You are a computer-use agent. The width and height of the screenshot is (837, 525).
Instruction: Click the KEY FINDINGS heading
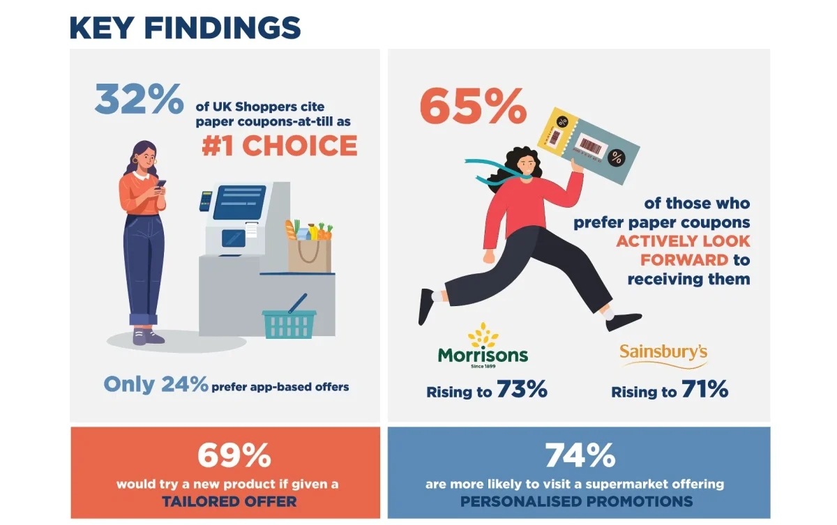(185, 27)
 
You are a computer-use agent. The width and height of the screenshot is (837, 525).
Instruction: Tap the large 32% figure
(139, 99)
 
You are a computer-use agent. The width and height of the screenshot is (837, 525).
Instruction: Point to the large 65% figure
(473, 106)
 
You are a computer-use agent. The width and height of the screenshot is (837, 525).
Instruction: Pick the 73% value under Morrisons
(522, 390)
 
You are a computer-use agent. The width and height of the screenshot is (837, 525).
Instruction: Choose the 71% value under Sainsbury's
(704, 390)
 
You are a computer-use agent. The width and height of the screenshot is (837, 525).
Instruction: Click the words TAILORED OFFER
(229, 501)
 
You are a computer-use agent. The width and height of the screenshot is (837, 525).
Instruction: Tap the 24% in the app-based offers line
(185, 384)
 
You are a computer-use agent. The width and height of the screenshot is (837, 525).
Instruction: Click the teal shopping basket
(289, 323)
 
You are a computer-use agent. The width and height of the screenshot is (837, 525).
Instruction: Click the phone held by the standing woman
(161, 184)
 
